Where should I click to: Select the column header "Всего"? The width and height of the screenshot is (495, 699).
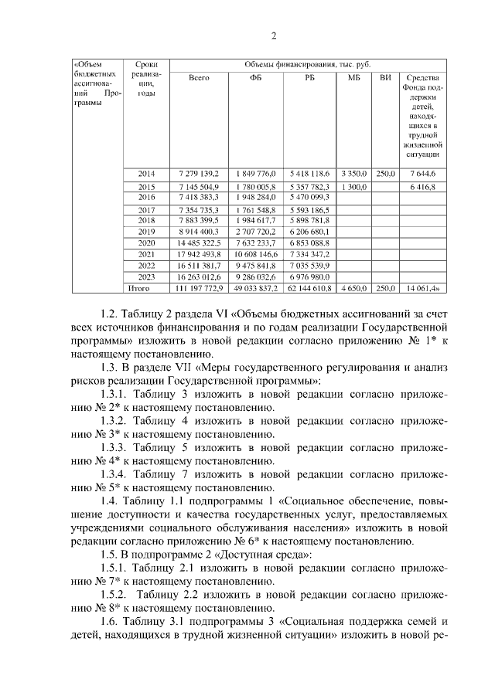coord(199,78)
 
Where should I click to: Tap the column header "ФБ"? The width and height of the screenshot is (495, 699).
coord(255,78)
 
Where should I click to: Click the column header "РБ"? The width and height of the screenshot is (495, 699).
coord(309,78)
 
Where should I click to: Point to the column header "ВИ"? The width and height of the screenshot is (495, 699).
coord(385,78)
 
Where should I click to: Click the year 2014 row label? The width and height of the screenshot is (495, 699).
coord(146,174)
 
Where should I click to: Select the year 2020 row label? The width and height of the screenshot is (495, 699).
coord(146,243)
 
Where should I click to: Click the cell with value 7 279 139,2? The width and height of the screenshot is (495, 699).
coord(199,174)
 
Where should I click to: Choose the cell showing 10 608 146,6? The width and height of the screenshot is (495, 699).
coord(255,254)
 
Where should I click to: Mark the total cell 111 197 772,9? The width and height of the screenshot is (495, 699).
coord(199,288)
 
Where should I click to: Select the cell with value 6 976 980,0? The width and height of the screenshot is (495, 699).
coord(309,277)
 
